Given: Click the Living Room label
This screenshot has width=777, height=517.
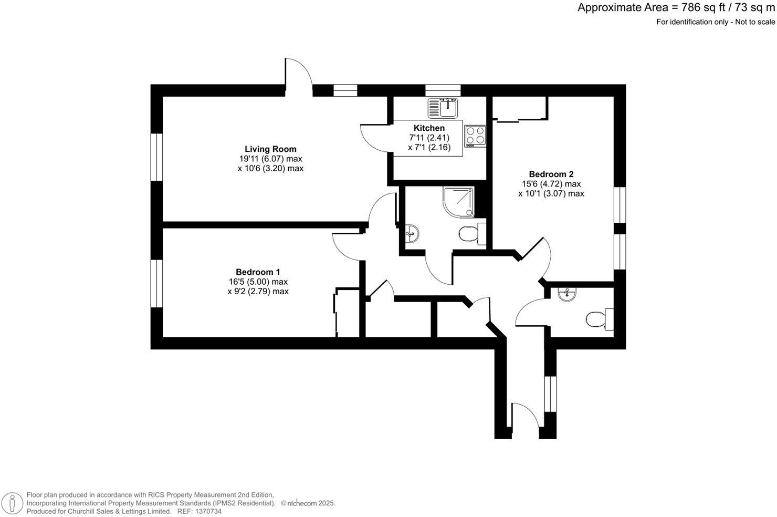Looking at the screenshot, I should point(270,149).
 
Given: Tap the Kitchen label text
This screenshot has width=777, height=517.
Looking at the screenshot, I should point(429,128).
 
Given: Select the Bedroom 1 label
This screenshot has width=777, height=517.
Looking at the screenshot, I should point(257,272).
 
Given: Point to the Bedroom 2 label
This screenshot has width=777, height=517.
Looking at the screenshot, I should point(551,174).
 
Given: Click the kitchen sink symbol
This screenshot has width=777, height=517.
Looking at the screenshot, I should point(444,108).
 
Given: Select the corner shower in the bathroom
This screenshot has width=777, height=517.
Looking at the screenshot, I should point(458,202).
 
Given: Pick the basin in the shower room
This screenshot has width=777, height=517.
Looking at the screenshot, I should point(413,232).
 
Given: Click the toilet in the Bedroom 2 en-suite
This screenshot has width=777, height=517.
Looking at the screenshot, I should point(598,319).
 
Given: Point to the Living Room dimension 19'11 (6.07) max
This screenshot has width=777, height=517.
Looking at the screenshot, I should point(270,159).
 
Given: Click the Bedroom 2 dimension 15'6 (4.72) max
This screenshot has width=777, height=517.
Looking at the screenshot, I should point(551,184).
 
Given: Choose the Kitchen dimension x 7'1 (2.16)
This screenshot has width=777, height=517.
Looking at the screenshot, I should point(429,148).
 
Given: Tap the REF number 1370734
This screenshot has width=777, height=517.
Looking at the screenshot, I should point(207,511).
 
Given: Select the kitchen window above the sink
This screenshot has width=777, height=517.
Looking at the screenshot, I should point(443,90).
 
